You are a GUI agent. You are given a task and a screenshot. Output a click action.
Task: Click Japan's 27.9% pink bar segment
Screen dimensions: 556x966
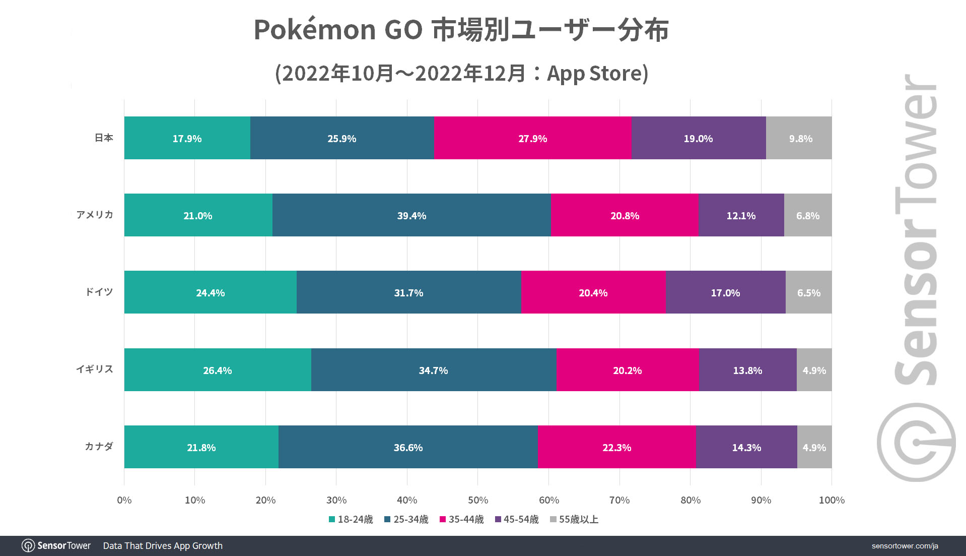532,138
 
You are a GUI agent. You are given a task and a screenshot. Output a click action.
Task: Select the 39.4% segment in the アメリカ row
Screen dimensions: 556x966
411,215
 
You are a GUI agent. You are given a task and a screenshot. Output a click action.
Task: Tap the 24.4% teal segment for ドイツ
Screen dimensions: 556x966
210,292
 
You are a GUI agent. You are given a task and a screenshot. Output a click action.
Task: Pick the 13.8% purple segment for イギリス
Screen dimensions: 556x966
747,370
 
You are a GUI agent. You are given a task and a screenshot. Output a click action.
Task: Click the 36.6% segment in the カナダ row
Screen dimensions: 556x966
408,447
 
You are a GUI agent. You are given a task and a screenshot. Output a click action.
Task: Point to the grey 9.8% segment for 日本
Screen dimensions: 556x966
800,138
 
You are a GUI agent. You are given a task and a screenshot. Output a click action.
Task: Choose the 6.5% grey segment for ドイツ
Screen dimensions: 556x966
808,292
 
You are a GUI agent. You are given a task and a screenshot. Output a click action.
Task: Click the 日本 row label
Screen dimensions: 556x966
104,138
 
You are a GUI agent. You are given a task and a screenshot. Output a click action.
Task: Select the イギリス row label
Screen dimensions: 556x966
95,369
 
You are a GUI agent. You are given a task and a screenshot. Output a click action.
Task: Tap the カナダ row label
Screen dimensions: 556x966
99,446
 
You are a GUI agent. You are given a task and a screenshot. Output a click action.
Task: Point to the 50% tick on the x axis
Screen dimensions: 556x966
477,500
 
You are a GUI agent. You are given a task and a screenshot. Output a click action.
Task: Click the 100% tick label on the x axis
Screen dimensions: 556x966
832,500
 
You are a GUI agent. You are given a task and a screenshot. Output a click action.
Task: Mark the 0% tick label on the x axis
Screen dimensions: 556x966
124,500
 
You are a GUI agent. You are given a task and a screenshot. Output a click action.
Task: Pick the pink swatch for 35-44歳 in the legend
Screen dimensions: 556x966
443,519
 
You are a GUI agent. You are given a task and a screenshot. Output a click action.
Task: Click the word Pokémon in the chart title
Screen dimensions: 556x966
314,29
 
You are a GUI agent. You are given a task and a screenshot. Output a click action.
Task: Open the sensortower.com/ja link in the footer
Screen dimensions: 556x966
905,546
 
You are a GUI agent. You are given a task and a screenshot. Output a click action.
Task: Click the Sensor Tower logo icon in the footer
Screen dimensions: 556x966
28,546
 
